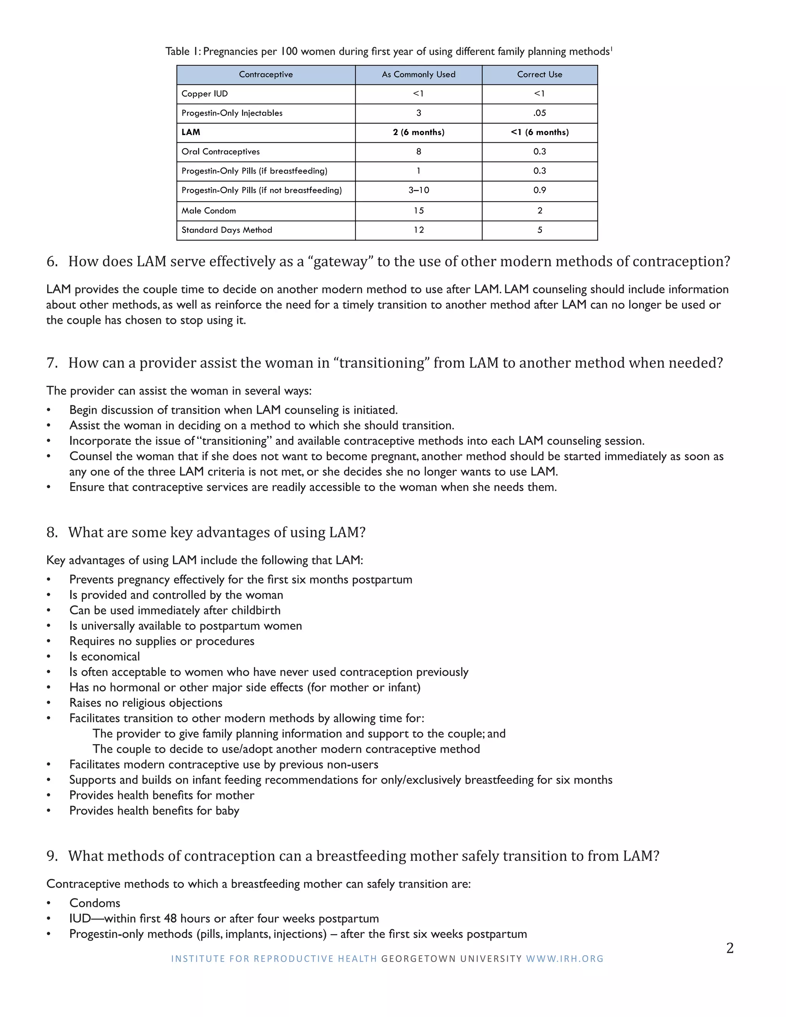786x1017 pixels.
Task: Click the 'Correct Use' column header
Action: click(x=539, y=74)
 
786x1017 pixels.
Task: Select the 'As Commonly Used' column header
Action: click(x=418, y=74)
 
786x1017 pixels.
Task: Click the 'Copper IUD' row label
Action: click(x=205, y=94)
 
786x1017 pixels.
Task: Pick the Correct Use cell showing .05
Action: click(x=539, y=113)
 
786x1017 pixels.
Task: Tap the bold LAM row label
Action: click(x=190, y=132)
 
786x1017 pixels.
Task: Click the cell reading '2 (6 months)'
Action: click(x=418, y=132)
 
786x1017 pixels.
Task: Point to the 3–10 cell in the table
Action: click(x=418, y=190)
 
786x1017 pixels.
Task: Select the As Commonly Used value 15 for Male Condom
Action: click(x=418, y=210)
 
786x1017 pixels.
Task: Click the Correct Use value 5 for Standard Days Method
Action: click(x=539, y=230)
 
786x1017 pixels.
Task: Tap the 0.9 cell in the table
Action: click(x=539, y=190)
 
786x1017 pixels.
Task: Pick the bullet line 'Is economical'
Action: click(x=104, y=657)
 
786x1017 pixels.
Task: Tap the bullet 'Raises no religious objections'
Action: click(x=146, y=703)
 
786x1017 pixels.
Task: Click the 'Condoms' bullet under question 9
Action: click(x=94, y=903)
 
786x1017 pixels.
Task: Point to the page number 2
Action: click(x=730, y=948)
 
